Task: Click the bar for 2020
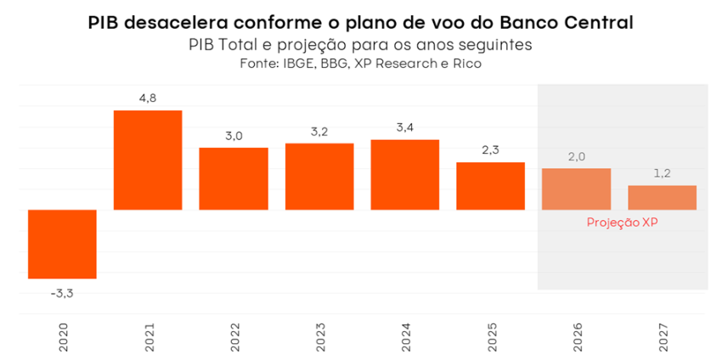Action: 62,244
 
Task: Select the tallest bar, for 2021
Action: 148,160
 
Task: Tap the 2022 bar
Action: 234,178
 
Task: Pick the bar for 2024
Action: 405,174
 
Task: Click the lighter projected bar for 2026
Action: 576,188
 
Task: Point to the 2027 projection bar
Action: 662,197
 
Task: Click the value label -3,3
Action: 62,293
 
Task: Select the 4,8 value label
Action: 148,98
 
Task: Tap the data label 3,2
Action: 319,131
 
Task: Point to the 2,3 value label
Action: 490,149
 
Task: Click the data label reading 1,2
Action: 662,173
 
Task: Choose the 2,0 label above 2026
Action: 576,156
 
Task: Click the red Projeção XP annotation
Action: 623,222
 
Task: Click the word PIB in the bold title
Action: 103,23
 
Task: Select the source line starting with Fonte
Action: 361,64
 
